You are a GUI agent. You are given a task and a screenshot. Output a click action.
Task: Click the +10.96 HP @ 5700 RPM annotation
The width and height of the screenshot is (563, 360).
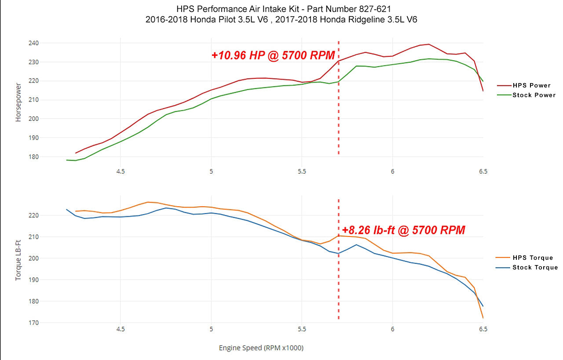coord(273,55)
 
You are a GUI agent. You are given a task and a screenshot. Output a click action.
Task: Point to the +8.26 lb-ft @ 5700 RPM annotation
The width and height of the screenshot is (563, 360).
coord(403,230)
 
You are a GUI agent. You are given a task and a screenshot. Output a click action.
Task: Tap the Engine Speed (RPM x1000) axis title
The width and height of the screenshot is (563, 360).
coord(261,348)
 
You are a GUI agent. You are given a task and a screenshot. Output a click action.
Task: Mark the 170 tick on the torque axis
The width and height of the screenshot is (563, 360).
coord(34,323)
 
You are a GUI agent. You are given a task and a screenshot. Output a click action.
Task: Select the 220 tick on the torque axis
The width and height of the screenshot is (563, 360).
coord(34,215)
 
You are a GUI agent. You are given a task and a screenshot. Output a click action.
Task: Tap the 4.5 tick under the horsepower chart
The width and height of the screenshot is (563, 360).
coord(121,171)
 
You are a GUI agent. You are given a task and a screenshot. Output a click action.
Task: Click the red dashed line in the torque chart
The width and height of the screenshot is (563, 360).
coord(339,281)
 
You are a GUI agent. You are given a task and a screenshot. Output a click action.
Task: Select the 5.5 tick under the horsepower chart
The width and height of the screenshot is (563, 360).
coord(302,171)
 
